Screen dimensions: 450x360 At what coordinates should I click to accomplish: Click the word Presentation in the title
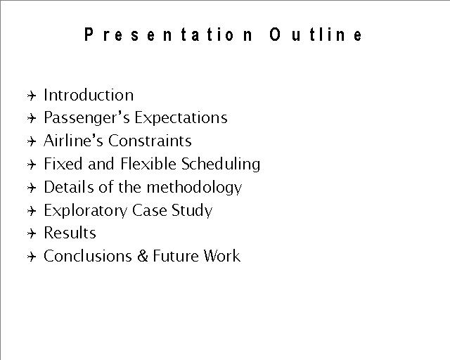click(x=169, y=34)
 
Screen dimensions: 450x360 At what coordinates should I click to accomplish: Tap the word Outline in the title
click(x=316, y=34)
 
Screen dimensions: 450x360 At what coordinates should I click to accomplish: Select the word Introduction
click(x=89, y=95)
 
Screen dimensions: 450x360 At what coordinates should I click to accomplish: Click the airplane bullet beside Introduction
click(x=32, y=96)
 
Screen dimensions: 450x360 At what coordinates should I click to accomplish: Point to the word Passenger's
click(x=86, y=118)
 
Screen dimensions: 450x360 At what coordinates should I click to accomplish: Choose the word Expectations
click(x=181, y=117)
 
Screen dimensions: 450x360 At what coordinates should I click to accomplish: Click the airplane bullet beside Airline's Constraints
click(x=32, y=141)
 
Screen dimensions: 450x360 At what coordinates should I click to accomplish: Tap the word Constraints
click(x=150, y=141)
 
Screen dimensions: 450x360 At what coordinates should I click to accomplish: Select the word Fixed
click(x=63, y=164)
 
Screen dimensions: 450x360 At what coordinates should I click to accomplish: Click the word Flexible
click(x=148, y=164)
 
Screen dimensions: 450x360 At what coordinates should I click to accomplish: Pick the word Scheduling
click(x=221, y=165)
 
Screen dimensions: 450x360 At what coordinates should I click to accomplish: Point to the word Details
click(x=69, y=187)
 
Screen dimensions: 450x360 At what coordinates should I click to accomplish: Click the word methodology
click(x=194, y=188)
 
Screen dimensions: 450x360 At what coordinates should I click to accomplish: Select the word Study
click(x=192, y=211)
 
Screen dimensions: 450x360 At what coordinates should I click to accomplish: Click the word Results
click(x=70, y=233)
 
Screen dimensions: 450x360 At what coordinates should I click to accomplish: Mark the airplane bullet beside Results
click(x=32, y=233)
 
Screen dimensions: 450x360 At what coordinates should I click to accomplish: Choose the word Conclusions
click(x=88, y=256)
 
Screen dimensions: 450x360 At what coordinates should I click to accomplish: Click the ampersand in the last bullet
click(x=142, y=256)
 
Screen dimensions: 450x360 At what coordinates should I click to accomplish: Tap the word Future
click(x=176, y=256)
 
